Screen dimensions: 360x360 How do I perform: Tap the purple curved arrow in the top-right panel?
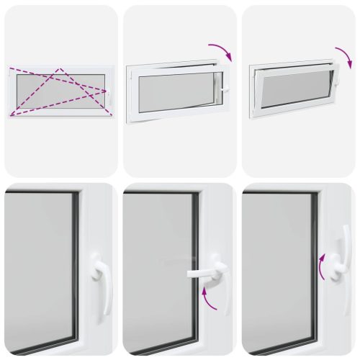[x=343, y=55]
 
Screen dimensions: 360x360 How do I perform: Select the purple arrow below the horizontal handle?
[x=209, y=297]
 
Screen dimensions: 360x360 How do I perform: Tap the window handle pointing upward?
[x=344, y=252]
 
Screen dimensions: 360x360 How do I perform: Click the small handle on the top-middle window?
[x=225, y=87]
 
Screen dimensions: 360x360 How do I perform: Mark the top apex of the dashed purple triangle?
[x=60, y=69]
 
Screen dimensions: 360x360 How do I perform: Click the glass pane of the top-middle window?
[x=177, y=92]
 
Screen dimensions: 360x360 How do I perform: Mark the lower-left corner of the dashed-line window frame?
[x=9, y=115]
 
